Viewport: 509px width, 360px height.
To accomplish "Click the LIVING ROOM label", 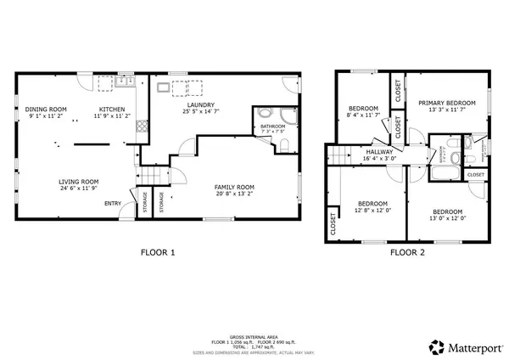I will point(78,181).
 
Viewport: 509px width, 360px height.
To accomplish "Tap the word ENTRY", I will point(112,203).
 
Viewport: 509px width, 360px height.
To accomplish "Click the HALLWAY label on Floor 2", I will point(378,151).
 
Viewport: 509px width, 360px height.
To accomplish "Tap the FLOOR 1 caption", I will point(157,252).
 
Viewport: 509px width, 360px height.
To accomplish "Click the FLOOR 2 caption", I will point(407,252).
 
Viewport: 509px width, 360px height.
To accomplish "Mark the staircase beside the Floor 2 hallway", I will point(341,155).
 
